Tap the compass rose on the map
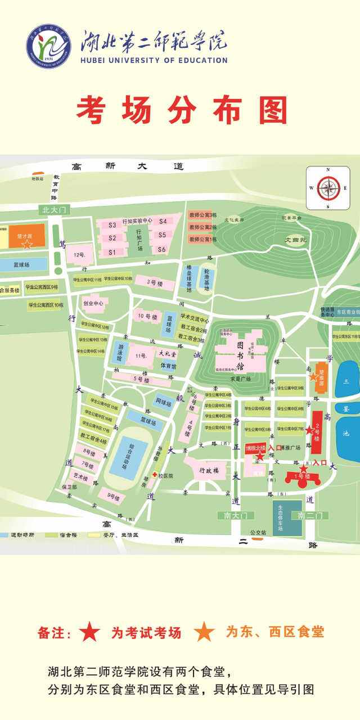328,188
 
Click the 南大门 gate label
235,515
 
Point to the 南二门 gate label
309,515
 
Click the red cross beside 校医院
154,475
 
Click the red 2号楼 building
317,433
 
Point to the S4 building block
163,222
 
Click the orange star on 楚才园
26,245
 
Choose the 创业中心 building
94,303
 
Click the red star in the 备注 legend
90,632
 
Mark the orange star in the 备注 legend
204,632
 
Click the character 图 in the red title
273,110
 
